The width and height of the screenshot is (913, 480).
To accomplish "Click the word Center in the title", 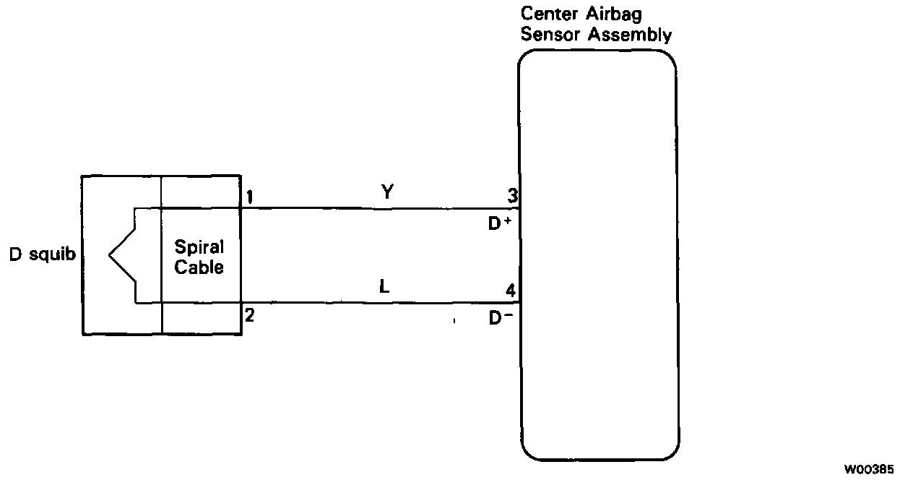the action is pyautogui.click(x=550, y=14).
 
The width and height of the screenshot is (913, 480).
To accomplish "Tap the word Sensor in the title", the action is pyautogui.click(x=548, y=34).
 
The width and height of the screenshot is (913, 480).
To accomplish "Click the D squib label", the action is pyautogui.click(x=42, y=254).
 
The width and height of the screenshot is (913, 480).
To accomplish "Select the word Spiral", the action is pyautogui.click(x=199, y=247).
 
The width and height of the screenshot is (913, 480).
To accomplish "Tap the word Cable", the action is pyautogui.click(x=199, y=267).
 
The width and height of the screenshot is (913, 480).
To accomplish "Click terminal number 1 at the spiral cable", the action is pyautogui.click(x=248, y=197).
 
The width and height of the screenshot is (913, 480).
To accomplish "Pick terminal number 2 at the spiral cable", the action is pyautogui.click(x=249, y=315).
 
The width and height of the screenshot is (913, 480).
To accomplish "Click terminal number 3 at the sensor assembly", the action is pyautogui.click(x=511, y=195).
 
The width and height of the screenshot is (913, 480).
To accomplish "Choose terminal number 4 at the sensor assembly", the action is pyautogui.click(x=511, y=291).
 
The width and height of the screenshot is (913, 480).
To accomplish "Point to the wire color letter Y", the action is pyautogui.click(x=387, y=192).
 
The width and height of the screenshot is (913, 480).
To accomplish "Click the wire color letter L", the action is pyautogui.click(x=384, y=286).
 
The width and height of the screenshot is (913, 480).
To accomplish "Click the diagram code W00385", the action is pyautogui.click(x=872, y=469).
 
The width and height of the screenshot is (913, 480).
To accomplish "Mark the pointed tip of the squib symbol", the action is pyautogui.click(x=110, y=255).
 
